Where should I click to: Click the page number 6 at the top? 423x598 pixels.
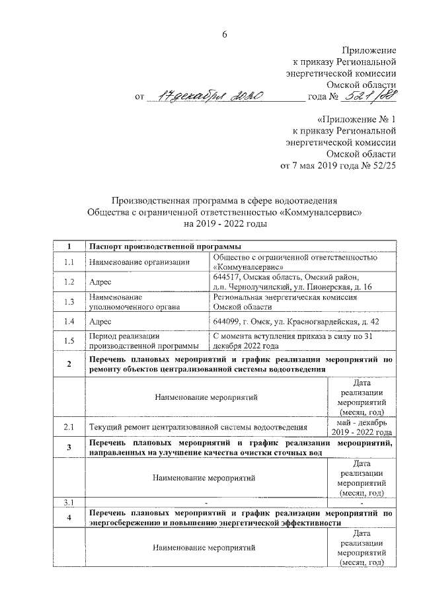point(224,35)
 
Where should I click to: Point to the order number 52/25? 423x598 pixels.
point(382,165)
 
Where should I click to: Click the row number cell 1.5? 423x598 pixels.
point(69,341)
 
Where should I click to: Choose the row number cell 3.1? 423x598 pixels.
point(69,502)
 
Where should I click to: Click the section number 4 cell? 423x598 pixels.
point(69,517)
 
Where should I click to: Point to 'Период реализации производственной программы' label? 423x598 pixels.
point(143,341)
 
